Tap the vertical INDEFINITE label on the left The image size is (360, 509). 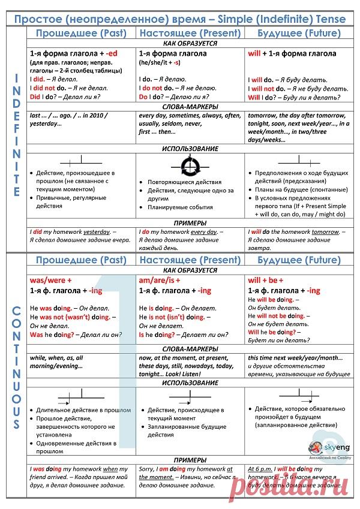click(x=17, y=136)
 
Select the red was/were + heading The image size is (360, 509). click(x=50, y=280)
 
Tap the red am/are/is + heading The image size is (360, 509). click(x=160, y=280)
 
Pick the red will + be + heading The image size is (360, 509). click(x=265, y=280)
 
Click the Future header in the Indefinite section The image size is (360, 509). click(x=294, y=33)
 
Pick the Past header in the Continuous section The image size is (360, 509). click(x=80, y=260)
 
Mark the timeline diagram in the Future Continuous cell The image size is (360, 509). click(x=298, y=394)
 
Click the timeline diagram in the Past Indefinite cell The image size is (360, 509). click(x=81, y=161)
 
